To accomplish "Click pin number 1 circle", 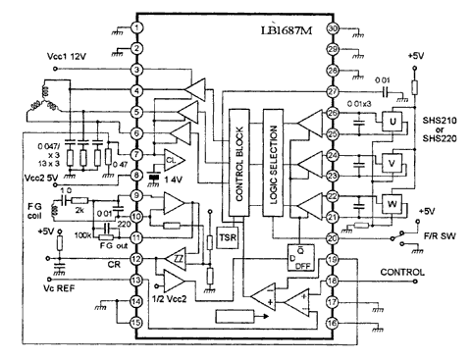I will click(138, 27).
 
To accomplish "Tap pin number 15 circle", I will click(138, 321).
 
